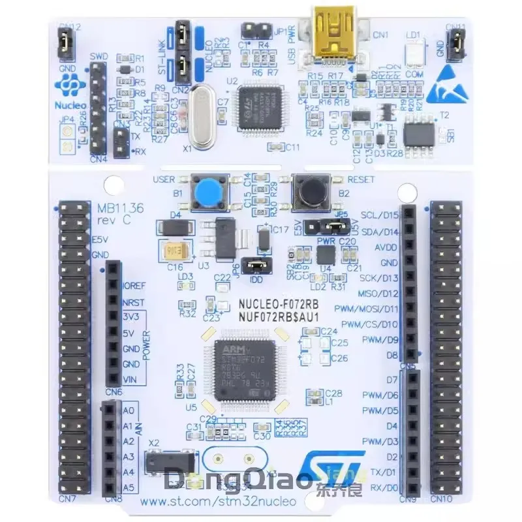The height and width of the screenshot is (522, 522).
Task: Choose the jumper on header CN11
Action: click(458, 44)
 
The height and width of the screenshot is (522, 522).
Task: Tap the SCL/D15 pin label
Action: click(380, 215)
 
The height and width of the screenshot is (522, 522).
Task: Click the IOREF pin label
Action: click(134, 286)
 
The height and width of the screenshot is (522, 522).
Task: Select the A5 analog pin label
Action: click(129, 487)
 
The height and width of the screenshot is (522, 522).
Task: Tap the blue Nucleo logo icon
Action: click(67, 83)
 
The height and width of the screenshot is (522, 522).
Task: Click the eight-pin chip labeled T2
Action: click(418, 134)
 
